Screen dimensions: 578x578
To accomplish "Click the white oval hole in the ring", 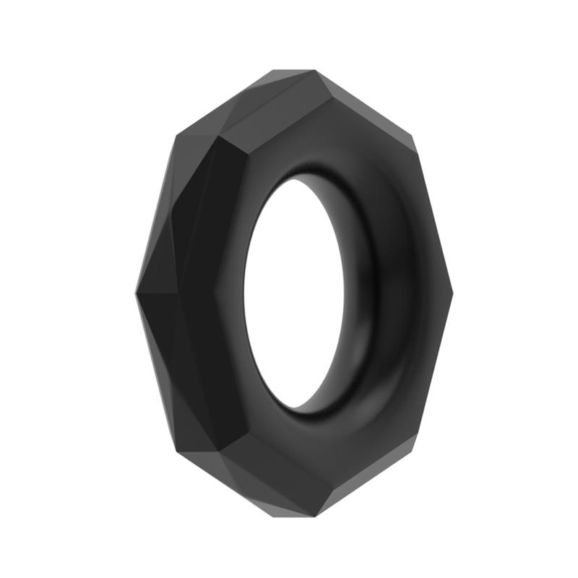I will pyautogui.click(x=303, y=293).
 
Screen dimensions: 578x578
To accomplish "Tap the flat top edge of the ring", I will pyautogui.click(x=293, y=72).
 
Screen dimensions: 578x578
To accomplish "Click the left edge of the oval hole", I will pyautogui.click(x=244, y=293).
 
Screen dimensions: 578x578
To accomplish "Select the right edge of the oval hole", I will pyautogui.click(x=361, y=293).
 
